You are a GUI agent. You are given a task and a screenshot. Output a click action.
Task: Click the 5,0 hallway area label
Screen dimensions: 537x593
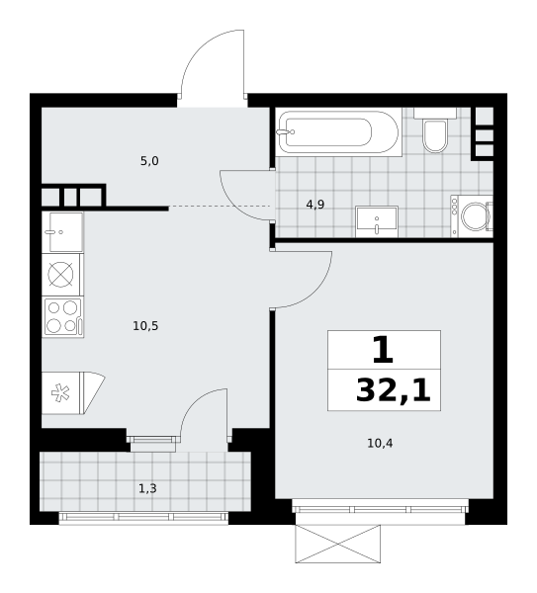(149, 161)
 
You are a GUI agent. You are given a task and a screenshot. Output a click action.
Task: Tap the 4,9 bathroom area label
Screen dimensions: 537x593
(315, 205)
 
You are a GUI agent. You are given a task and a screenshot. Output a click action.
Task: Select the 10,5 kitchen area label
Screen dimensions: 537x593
(145, 325)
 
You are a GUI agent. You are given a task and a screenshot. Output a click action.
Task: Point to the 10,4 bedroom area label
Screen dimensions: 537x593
(380, 443)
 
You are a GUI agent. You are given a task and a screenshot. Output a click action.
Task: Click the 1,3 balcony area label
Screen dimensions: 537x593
(147, 488)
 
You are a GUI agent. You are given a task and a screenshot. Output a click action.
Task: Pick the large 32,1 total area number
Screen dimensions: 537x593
(394, 390)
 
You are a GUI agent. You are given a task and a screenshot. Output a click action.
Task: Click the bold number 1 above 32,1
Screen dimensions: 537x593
(383, 350)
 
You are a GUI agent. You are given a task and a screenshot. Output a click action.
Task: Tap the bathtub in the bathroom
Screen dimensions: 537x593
(338, 132)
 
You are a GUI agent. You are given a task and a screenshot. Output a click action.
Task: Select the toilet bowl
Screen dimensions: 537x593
(435, 130)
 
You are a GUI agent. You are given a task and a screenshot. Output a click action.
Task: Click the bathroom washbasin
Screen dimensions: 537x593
(377, 221)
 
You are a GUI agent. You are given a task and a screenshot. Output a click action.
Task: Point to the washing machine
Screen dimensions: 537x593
(472, 216)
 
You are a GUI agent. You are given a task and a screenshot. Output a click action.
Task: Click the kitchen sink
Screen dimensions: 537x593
(62, 232)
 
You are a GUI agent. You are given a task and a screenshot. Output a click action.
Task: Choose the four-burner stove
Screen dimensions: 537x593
(63, 317)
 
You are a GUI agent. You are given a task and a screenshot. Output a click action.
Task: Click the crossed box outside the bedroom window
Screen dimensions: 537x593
(338, 544)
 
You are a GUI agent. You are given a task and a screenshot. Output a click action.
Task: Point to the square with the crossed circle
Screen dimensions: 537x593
(61, 275)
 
